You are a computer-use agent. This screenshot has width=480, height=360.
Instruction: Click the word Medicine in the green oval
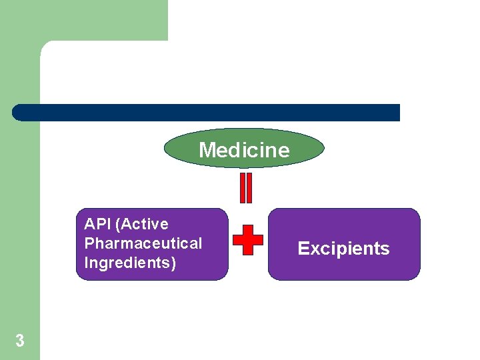pos(244,150)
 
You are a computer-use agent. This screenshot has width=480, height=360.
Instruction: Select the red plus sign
pos(248,239)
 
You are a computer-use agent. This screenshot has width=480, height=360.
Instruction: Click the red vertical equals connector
pos(246,188)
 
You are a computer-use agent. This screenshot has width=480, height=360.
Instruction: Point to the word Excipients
pos(343,249)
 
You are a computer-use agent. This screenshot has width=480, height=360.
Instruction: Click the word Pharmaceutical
pos(143,243)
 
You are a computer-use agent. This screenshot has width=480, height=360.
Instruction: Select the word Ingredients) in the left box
pos(130,263)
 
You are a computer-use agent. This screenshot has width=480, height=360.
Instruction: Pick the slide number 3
pos(20,341)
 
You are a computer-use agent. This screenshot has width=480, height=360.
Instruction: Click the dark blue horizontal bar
pos(207,113)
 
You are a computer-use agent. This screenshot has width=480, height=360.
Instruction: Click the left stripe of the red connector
pos(243,188)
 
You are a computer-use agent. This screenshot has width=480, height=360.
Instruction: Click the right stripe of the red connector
pos(249,188)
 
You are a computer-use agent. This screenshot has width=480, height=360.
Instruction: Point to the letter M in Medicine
pos(206,150)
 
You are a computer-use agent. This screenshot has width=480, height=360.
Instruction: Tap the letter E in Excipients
pos(303,249)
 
